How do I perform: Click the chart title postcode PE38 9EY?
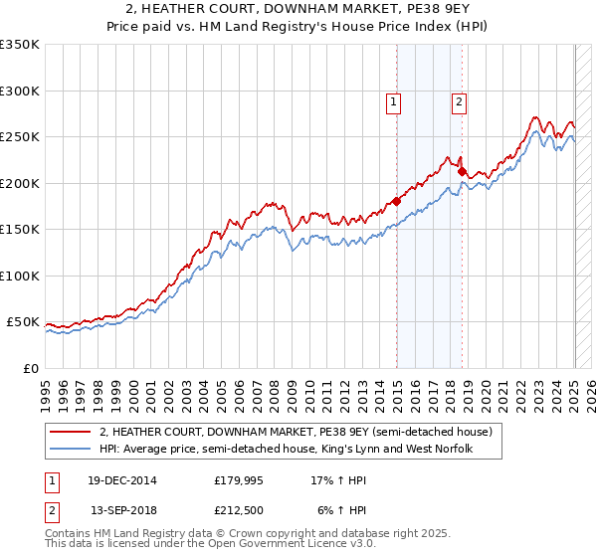(432, 9)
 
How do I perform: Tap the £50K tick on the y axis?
(23, 322)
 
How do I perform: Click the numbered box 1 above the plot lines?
(394, 100)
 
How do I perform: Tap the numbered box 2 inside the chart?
(459, 100)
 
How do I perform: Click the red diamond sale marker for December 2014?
(397, 201)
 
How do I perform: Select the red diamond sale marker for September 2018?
(462, 171)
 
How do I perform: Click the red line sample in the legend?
(71, 432)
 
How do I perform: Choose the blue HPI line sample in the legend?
(71, 449)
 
